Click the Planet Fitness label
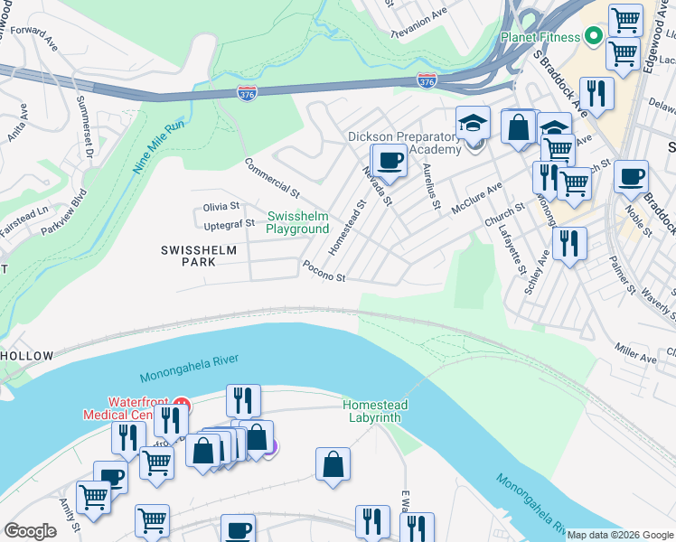point(540,37)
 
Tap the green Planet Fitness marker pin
point(594,37)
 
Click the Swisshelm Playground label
point(297,222)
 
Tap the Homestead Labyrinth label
point(375,411)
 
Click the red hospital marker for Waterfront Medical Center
point(182,404)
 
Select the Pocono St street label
point(324,273)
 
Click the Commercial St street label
point(271,178)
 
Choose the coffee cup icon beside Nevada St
point(390,162)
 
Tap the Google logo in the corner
point(30,531)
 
